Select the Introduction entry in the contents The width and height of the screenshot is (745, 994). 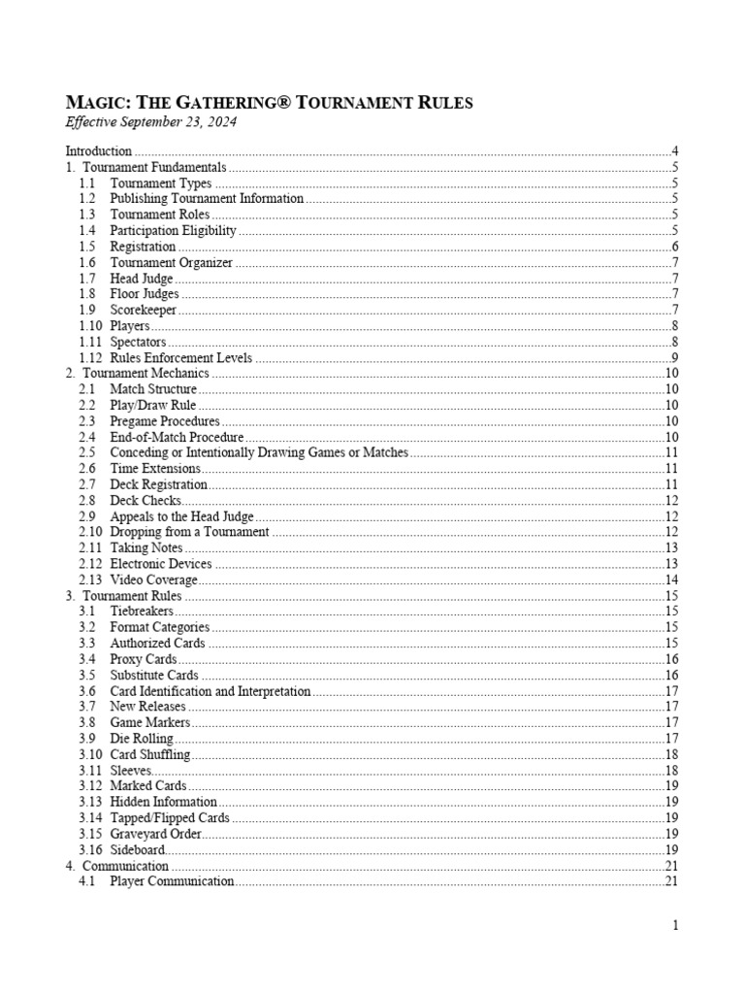[98, 151]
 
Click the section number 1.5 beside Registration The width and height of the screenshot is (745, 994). [87, 247]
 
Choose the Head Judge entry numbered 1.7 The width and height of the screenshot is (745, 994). [142, 279]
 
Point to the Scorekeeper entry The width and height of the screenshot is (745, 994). [144, 310]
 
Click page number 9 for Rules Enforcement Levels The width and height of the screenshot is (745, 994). [674, 357]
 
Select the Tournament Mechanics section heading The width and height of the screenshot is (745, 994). [146, 374]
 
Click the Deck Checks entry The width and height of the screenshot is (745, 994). [146, 500]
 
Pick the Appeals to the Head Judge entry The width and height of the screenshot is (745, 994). [181, 516]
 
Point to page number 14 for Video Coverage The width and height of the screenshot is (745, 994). [671, 580]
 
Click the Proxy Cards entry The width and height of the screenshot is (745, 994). [144, 659]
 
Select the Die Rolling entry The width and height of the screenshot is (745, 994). [142, 739]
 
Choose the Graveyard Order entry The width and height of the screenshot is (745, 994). [155, 834]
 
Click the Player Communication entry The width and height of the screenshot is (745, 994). [172, 881]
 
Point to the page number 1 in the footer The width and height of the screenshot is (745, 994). [675, 925]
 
